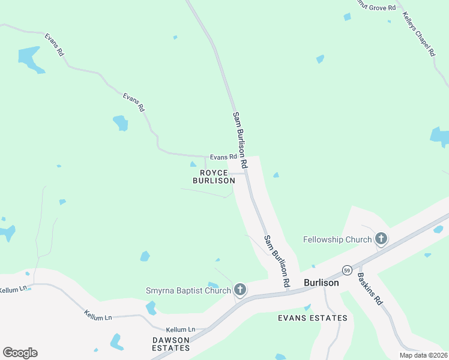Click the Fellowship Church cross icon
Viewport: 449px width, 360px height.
pos(381,239)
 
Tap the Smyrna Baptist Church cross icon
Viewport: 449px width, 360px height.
pos(240,290)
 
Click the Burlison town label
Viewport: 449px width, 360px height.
pos(321,283)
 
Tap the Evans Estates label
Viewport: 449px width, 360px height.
pos(313,318)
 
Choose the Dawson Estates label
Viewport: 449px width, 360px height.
pos(171,344)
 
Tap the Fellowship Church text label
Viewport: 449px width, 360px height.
pos(337,240)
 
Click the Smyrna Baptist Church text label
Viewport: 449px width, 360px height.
pos(188,291)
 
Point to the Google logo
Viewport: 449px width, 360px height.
pos(20,353)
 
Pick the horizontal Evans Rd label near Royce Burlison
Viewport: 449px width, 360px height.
pos(214,157)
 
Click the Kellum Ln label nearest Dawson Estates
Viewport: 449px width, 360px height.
pos(181,329)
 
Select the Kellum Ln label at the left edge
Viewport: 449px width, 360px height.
pos(14,289)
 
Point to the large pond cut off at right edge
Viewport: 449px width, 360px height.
pos(440,136)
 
